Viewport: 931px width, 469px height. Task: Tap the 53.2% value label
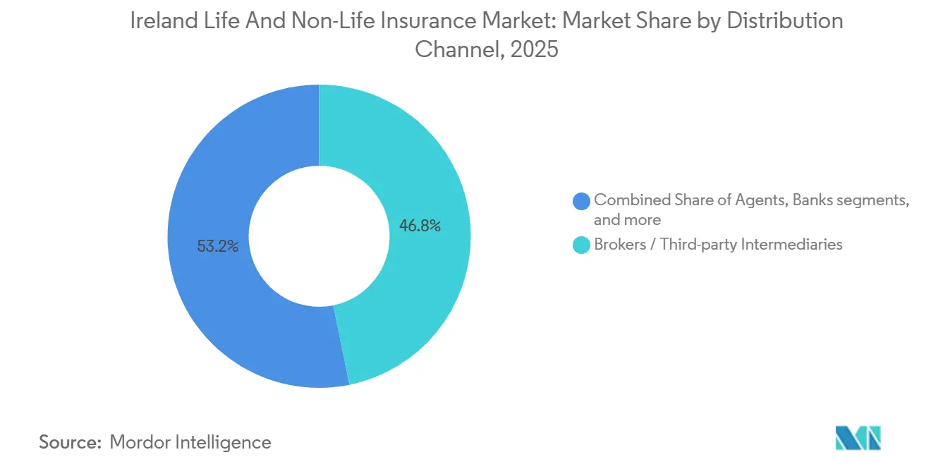(x=218, y=246)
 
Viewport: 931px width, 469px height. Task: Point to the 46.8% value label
(x=420, y=226)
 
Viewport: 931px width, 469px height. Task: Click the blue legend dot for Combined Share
(x=582, y=201)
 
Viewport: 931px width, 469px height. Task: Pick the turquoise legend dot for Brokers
(x=582, y=245)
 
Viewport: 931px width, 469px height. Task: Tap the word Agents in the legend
(x=765, y=200)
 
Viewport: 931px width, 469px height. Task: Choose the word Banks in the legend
(x=813, y=200)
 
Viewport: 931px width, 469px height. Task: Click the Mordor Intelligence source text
(x=190, y=442)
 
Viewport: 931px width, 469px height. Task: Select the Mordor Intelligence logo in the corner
(x=858, y=439)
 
